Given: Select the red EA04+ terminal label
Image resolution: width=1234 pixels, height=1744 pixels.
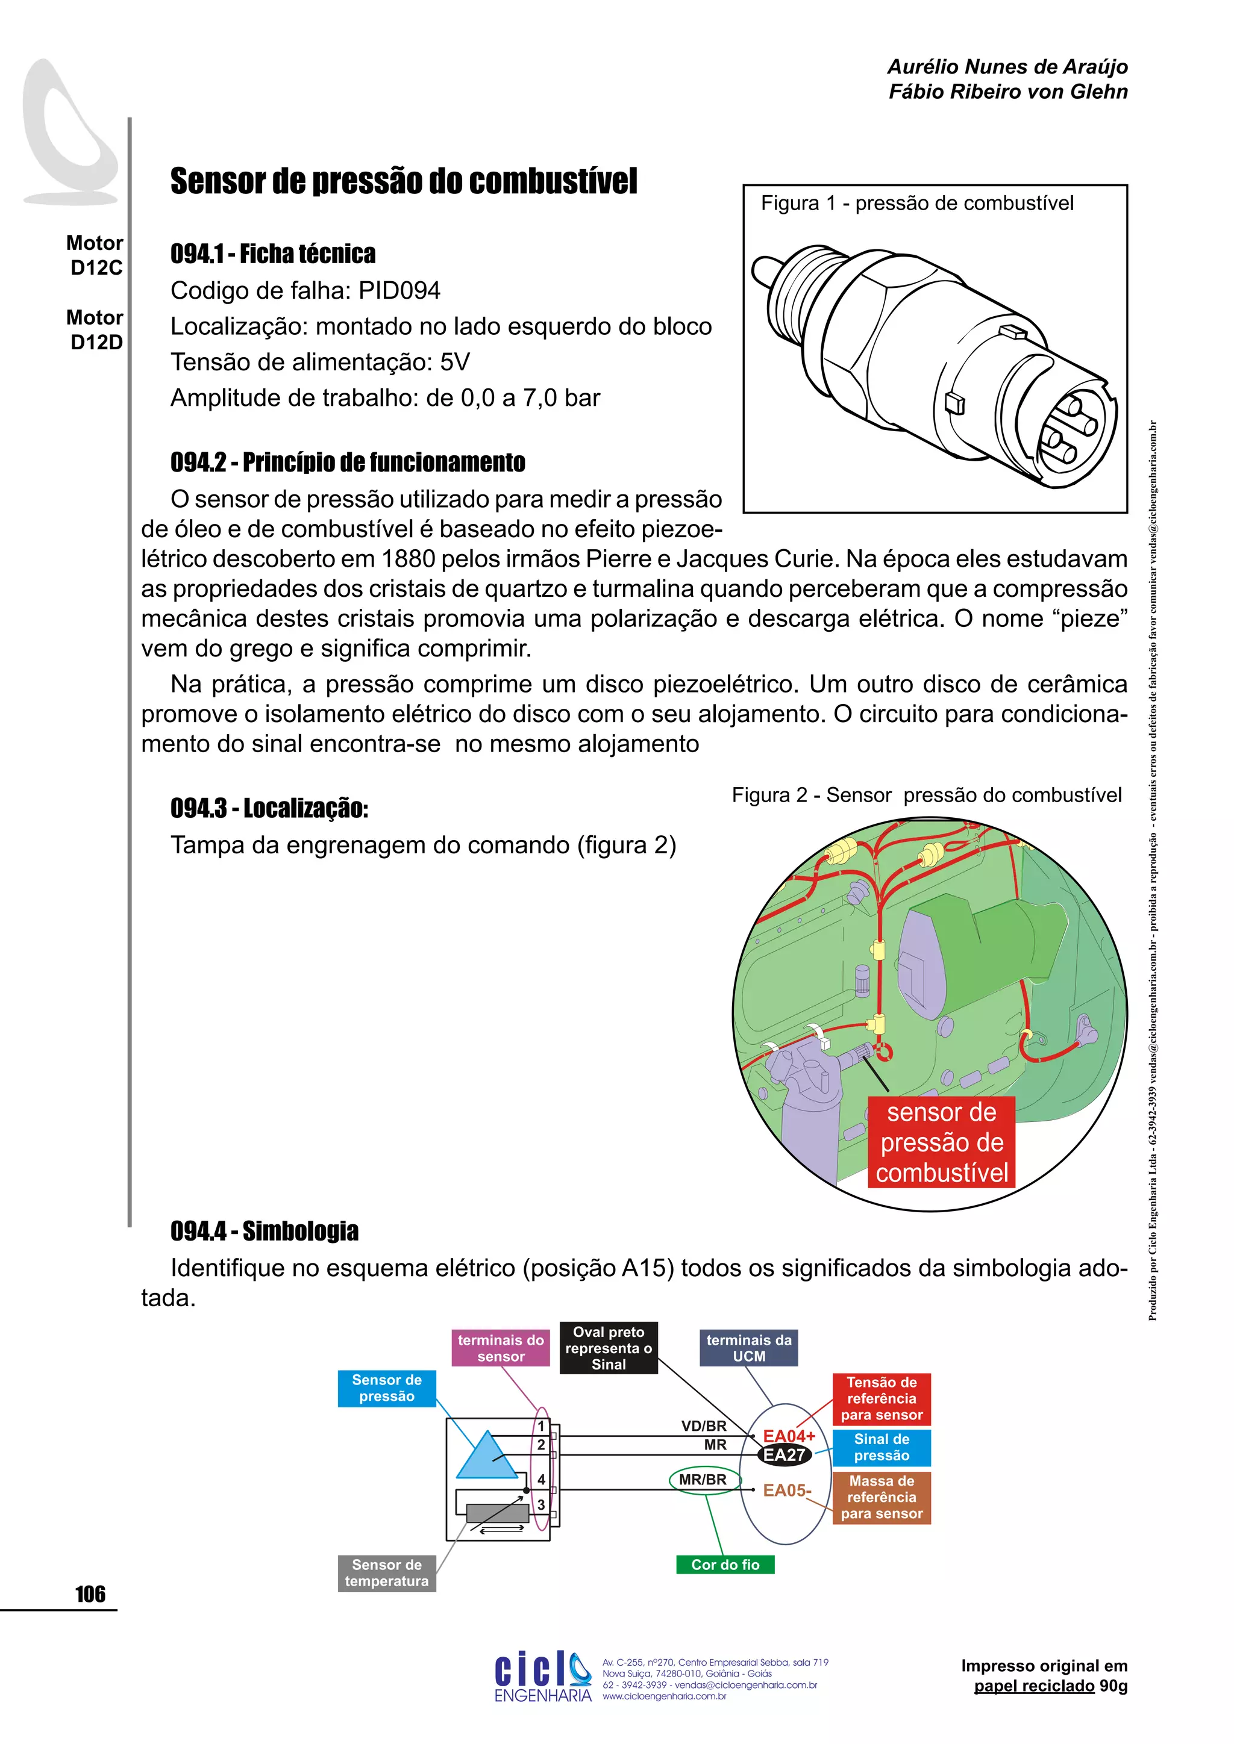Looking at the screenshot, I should pyautogui.click(x=789, y=1436).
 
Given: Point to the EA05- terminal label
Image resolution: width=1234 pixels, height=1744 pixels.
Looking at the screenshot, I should pyautogui.click(x=787, y=1490).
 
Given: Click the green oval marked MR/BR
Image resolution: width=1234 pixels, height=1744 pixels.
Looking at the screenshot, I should pyautogui.click(x=703, y=1480).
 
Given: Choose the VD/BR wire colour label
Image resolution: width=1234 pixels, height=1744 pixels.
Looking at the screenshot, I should pyautogui.click(x=704, y=1426).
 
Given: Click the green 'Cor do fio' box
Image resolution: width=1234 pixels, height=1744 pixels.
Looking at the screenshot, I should pyautogui.click(x=725, y=1564).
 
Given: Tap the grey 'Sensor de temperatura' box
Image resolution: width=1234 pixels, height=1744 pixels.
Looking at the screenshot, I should pyautogui.click(x=387, y=1572).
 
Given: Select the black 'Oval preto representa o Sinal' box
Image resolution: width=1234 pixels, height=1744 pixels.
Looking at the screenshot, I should pyautogui.click(x=609, y=1348).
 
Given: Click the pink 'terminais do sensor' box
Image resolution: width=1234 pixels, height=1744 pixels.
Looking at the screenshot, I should pyautogui.click(x=501, y=1348).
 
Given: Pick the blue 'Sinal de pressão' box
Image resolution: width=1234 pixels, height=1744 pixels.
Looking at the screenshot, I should pyautogui.click(x=882, y=1447).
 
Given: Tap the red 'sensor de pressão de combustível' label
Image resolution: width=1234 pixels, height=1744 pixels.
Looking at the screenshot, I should pyautogui.click(x=941, y=1142).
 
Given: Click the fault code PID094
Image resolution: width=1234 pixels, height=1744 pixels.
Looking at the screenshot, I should pyautogui.click(x=399, y=290).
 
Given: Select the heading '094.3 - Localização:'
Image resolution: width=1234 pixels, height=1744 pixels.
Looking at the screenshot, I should pyautogui.click(x=269, y=808).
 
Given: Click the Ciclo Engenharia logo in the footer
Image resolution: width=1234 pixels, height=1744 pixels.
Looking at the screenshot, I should pyautogui.click(x=542, y=1678).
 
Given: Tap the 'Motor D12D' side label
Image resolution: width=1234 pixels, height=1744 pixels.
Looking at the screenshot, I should pyautogui.click(x=96, y=329).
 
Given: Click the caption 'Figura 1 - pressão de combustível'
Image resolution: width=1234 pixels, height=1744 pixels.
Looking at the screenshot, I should pyautogui.click(x=917, y=204).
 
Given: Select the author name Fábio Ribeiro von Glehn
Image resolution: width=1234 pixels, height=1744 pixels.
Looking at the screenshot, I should pyautogui.click(x=1007, y=92).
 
